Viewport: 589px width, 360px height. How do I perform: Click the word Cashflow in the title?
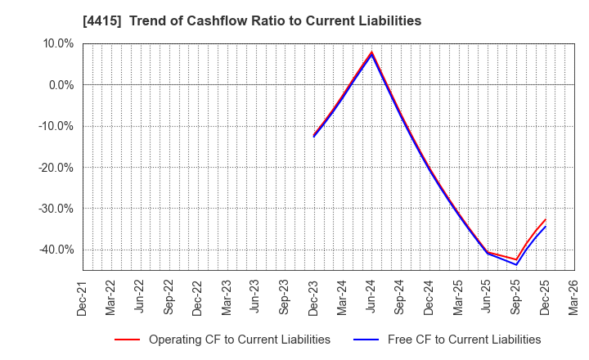[214, 21]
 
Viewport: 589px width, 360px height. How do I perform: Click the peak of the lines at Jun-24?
[371, 52]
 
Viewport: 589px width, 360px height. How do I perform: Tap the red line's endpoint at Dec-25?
[545, 219]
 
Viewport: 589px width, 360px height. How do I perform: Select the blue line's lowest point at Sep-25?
[516, 264]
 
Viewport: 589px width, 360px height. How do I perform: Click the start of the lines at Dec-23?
[313, 136]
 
